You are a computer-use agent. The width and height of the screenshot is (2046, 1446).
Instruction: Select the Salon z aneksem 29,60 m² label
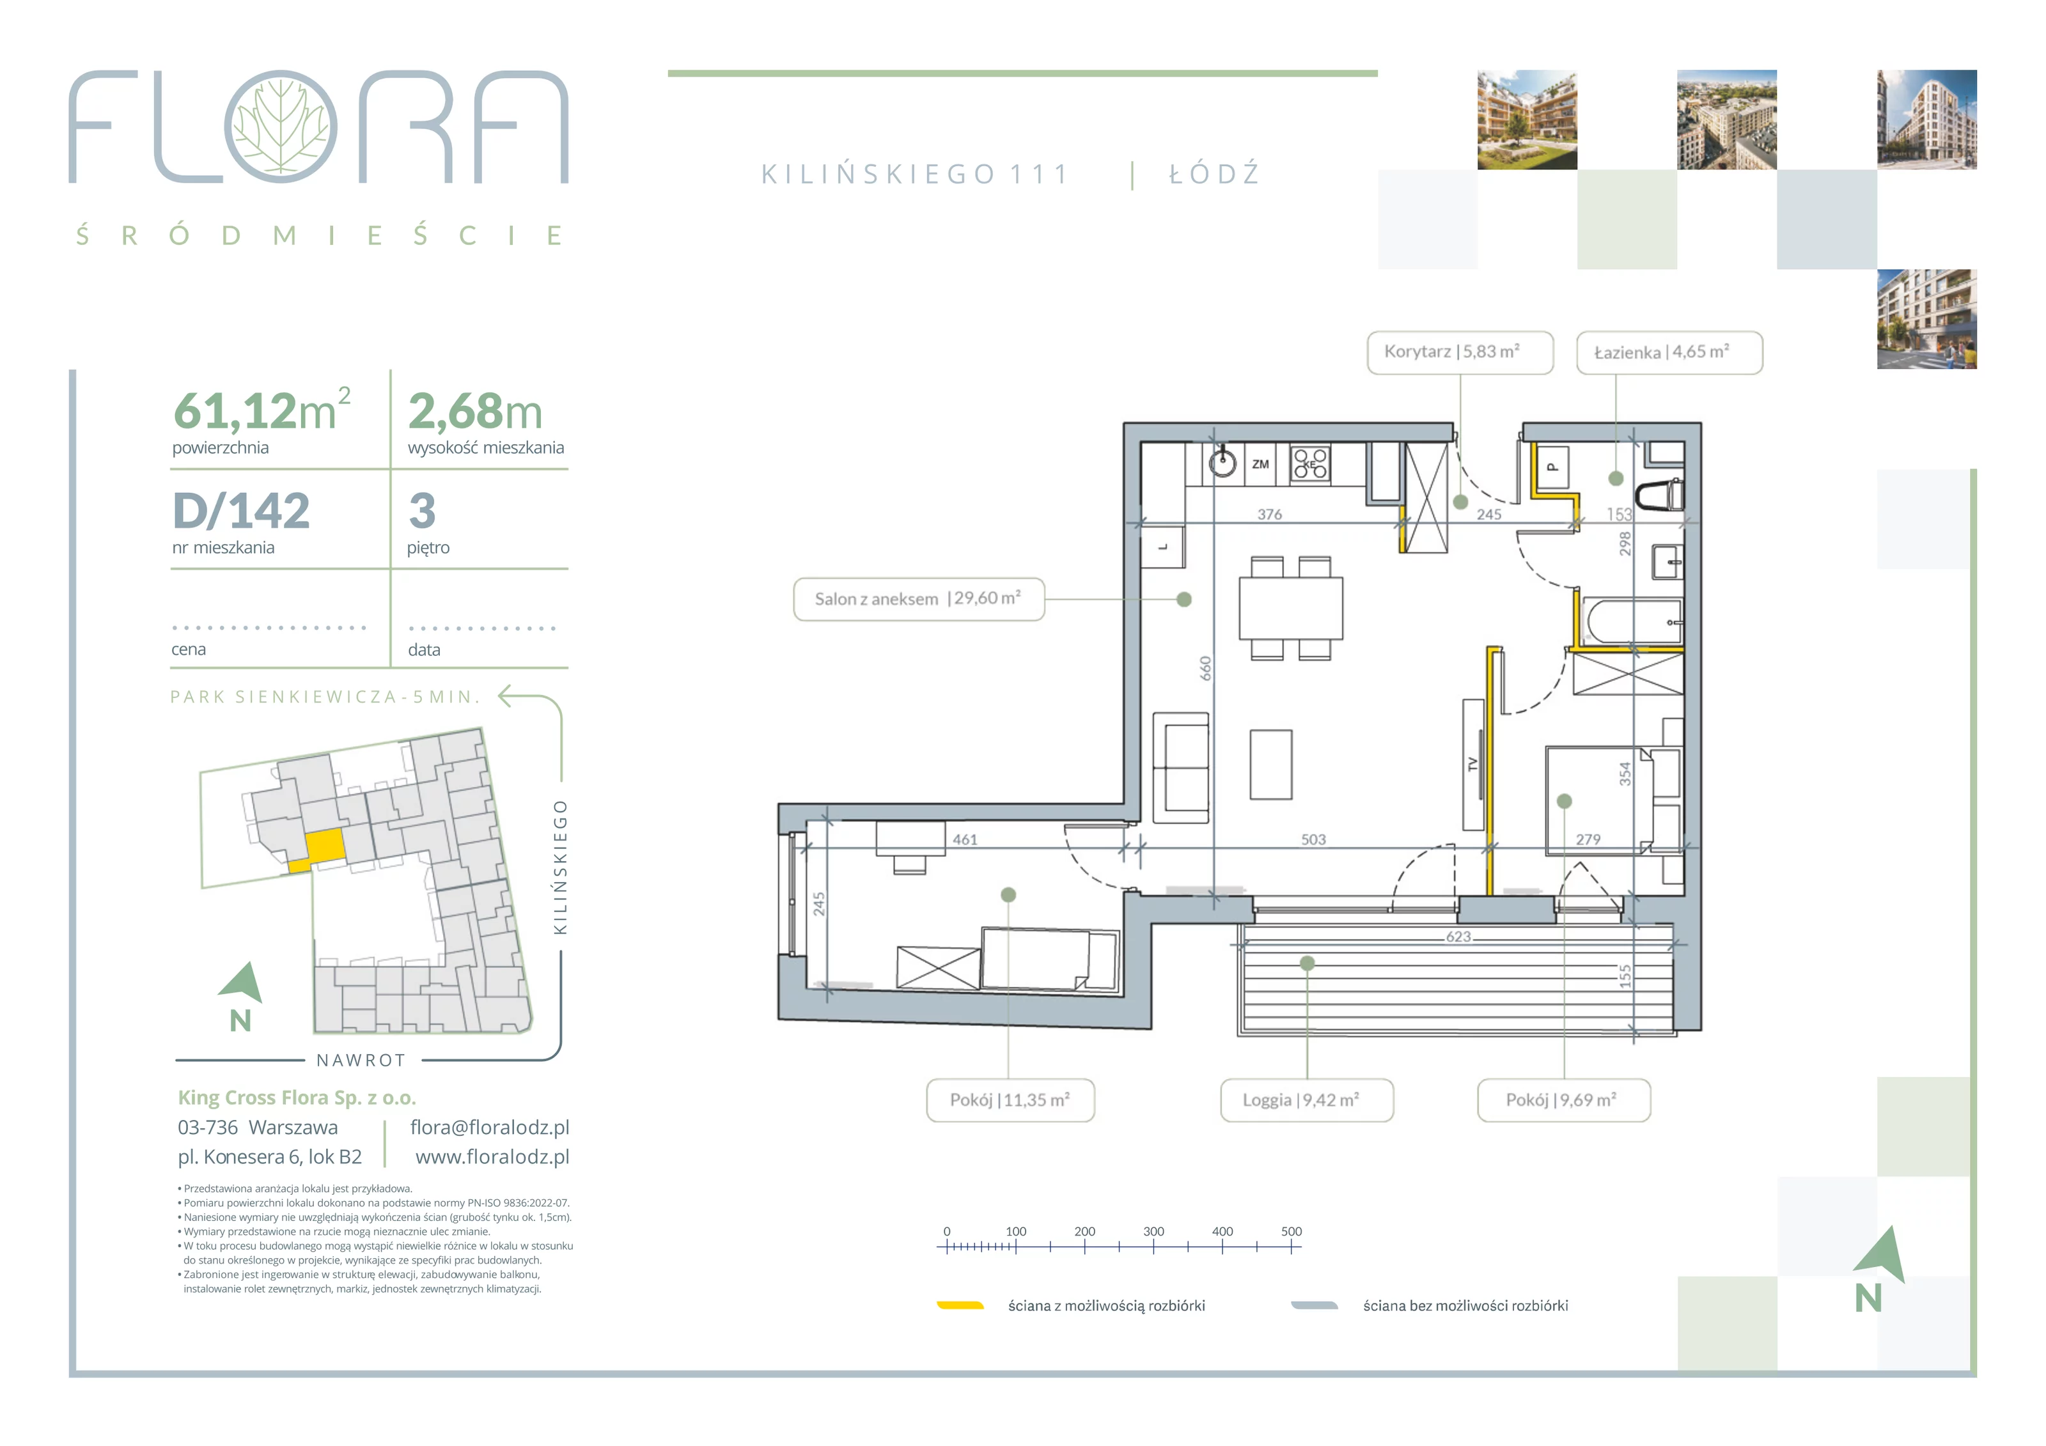tap(919, 599)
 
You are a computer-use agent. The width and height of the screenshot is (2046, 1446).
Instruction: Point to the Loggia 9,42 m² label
tap(1306, 1100)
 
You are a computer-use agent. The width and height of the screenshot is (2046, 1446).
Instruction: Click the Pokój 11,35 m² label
tap(1010, 1100)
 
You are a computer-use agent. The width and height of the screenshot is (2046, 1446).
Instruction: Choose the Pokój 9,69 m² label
tap(1564, 1100)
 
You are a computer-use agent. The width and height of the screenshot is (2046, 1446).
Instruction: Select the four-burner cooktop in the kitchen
tap(1310, 464)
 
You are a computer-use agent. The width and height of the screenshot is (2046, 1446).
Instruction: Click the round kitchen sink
tap(1222, 462)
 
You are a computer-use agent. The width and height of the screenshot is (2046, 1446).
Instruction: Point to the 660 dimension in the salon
tap(1206, 668)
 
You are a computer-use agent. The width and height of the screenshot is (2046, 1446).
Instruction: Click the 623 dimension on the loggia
tap(1458, 937)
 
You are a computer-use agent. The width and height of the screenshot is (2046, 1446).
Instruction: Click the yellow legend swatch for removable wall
tap(960, 1305)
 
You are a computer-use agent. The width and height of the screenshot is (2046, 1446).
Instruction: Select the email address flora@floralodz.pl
tap(489, 1127)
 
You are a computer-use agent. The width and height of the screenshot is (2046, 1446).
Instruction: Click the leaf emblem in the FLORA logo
tap(281, 127)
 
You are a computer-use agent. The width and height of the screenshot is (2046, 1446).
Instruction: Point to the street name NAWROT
tap(361, 1061)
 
